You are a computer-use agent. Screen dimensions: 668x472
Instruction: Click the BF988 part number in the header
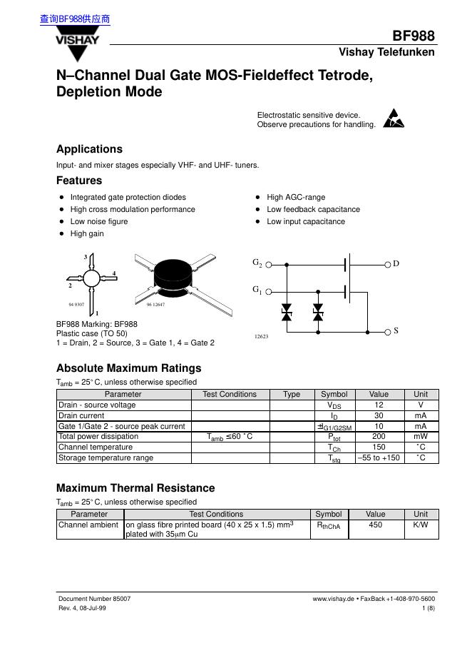tap(414, 36)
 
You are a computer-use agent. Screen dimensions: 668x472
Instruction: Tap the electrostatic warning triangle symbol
tap(393, 118)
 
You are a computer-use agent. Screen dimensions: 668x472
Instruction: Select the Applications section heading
tap(89, 149)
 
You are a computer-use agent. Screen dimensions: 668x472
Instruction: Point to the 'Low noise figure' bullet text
tap(99, 221)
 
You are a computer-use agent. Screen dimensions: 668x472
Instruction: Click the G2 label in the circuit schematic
tap(257, 263)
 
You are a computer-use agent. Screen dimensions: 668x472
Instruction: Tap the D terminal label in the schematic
tap(396, 264)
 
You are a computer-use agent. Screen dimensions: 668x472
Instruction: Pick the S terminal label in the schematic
tap(396, 331)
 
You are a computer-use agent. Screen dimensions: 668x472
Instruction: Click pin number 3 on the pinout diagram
tap(86, 257)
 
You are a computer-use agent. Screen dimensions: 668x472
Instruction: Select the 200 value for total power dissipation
tap(379, 436)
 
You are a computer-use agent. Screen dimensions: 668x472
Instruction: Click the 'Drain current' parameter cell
tap(81, 415)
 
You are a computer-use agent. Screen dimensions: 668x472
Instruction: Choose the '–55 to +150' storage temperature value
tap(379, 457)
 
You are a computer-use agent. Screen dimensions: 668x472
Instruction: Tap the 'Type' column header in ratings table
tap(292, 394)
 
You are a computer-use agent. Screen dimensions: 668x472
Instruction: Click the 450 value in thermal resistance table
tap(376, 525)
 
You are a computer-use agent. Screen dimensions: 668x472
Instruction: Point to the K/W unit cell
tap(421, 525)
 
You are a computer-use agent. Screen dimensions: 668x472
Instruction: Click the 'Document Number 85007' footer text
tap(94, 599)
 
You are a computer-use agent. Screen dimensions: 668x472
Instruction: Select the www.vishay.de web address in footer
tap(334, 599)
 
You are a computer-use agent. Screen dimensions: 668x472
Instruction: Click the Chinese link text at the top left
tap(75, 19)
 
